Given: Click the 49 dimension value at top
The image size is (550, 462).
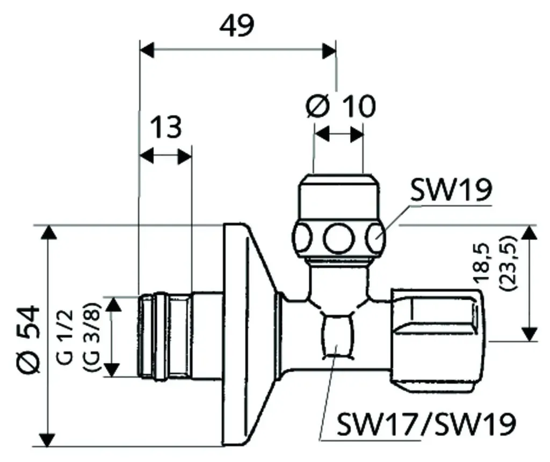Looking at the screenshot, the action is pyautogui.click(x=236, y=26).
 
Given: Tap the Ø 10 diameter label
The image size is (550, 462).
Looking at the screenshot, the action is pyautogui.click(x=341, y=105).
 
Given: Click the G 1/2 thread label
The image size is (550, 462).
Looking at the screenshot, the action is pyautogui.click(x=65, y=337).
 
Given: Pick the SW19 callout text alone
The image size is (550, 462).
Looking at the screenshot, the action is pyautogui.click(x=451, y=190).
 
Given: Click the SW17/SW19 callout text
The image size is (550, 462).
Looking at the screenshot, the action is pyautogui.click(x=426, y=423).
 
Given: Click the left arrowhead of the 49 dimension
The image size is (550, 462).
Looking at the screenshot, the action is pyautogui.click(x=147, y=50).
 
